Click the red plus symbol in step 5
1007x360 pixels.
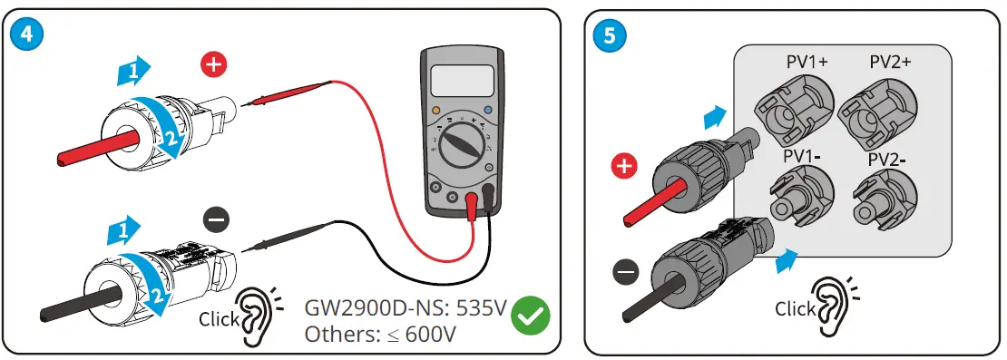(x=625, y=166)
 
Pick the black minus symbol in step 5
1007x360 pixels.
(x=624, y=269)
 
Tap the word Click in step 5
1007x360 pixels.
(x=795, y=309)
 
